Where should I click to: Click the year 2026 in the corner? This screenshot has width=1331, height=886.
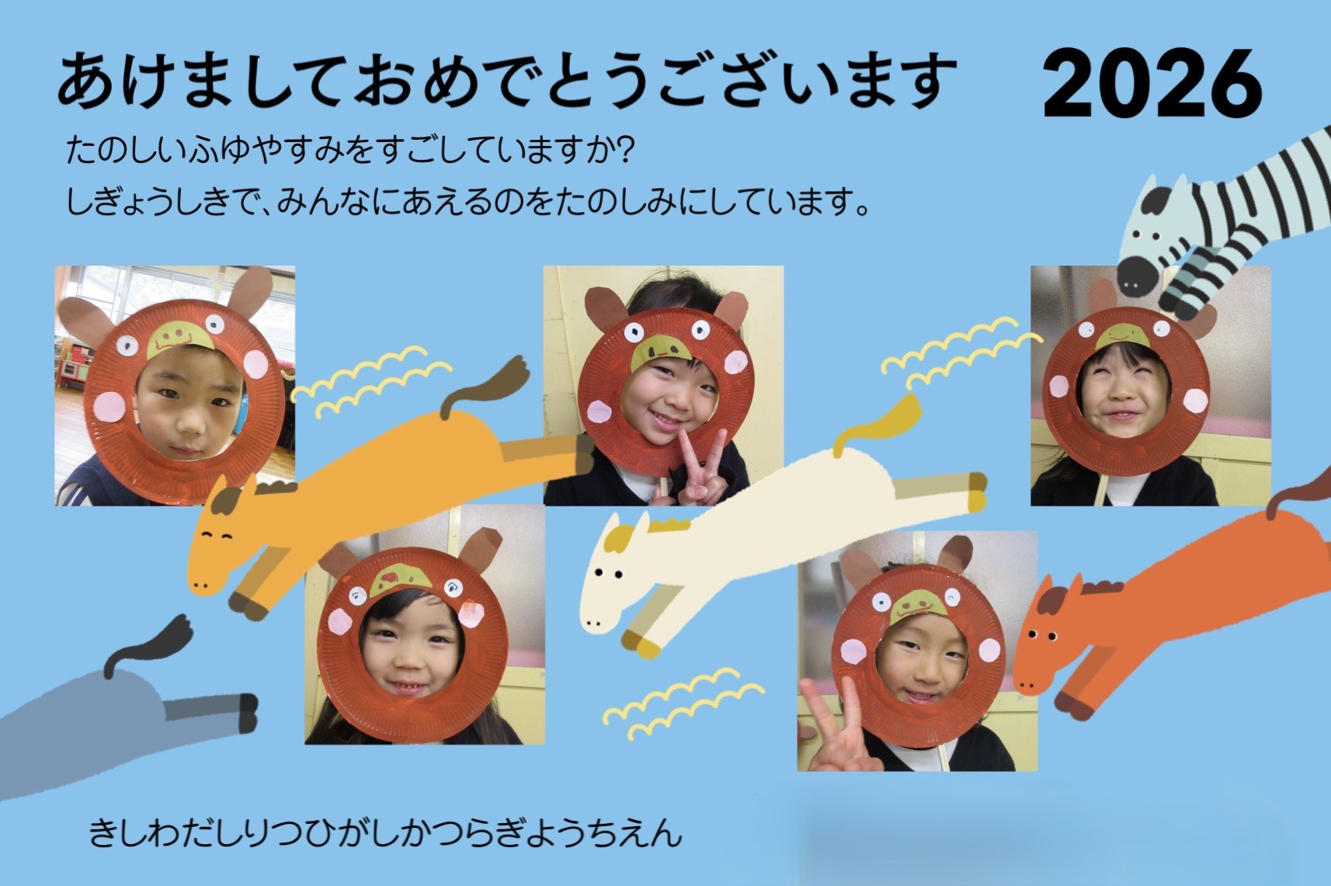[1152, 84]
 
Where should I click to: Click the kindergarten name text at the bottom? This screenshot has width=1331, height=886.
[385, 832]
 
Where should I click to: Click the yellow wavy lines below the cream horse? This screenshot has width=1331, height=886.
[683, 704]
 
